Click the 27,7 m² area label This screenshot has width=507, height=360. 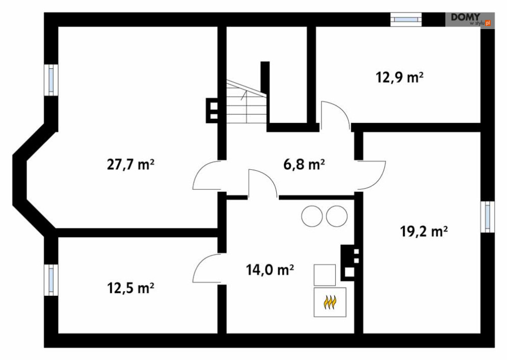[x=130, y=165]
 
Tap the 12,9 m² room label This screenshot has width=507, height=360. [x=399, y=78]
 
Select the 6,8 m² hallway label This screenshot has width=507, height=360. [x=304, y=165]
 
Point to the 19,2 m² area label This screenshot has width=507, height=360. [x=423, y=232]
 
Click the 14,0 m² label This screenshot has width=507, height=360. [x=270, y=269]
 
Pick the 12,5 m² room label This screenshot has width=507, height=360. [x=130, y=288]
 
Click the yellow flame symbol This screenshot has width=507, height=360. [x=330, y=302]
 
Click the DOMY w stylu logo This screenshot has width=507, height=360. [x=470, y=20]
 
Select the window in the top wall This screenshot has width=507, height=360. [x=406, y=19]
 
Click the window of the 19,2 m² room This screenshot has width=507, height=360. [x=487, y=217]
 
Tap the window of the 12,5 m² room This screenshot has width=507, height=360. [x=51, y=280]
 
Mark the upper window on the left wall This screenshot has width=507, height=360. [x=51, y=80]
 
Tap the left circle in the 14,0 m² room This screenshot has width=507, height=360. [x=312, y=216]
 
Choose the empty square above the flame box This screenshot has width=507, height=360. [x=325, y=275]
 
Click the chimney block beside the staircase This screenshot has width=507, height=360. [x=212, y=110]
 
